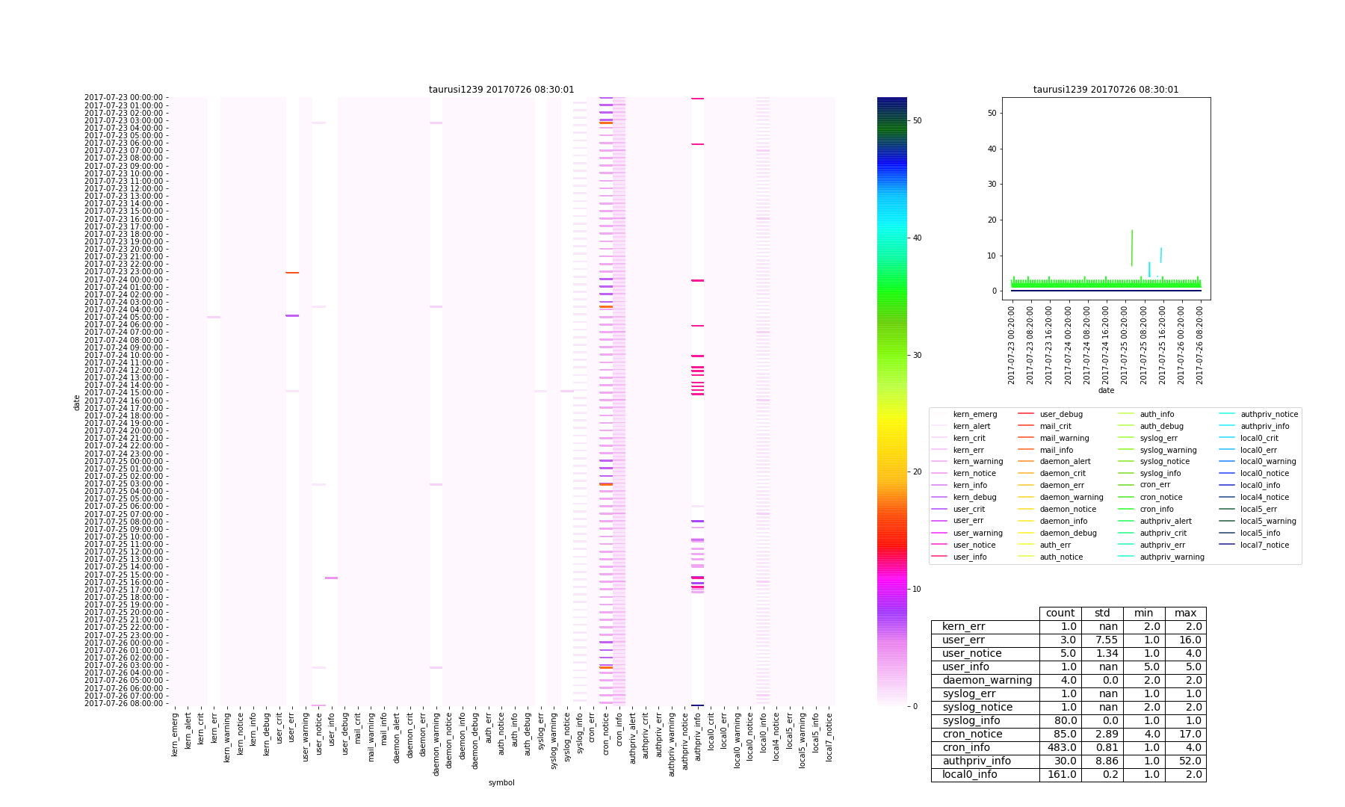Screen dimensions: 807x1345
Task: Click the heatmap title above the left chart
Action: coord(501,90)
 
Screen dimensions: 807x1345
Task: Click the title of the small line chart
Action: coord(1106,90)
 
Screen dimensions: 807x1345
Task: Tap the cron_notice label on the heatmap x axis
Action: coord(606,736)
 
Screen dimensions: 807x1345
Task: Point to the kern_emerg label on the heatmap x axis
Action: coord(175,735)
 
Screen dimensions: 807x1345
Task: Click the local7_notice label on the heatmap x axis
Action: coord(829,737)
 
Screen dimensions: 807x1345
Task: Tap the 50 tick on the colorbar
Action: coord(916,120)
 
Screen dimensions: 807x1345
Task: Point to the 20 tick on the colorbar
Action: coord(916,471)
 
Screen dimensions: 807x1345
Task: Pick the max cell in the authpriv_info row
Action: coord(1186,761)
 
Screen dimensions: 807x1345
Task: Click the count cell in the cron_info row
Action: coord(1060,747)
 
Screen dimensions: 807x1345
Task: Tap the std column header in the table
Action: coord(1102,613)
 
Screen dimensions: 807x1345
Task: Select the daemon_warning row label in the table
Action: coord(986,680)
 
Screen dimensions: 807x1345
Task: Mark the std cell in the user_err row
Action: coord(1102,640)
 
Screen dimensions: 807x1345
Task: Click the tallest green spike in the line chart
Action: coord(1132,232)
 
